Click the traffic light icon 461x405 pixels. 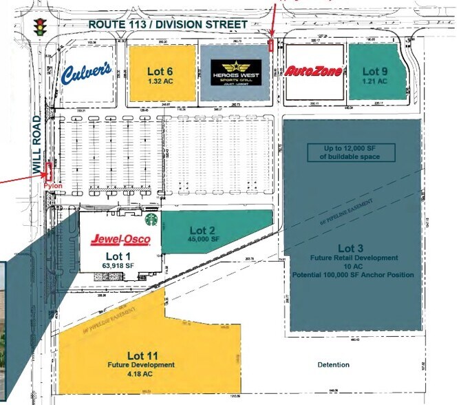click(x=40, y=25)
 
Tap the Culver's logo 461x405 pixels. click(x=87, y=73)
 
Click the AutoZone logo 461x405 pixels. click(x=314, y=72)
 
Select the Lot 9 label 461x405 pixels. click(x=376, y=70)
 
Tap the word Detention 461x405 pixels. click(x=333, y=364)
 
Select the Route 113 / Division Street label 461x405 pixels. click(x=167, y=25)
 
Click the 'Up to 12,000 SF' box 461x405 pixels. click(x=351, y=152)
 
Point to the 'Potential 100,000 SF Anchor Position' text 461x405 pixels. click(x=354, y=275)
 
